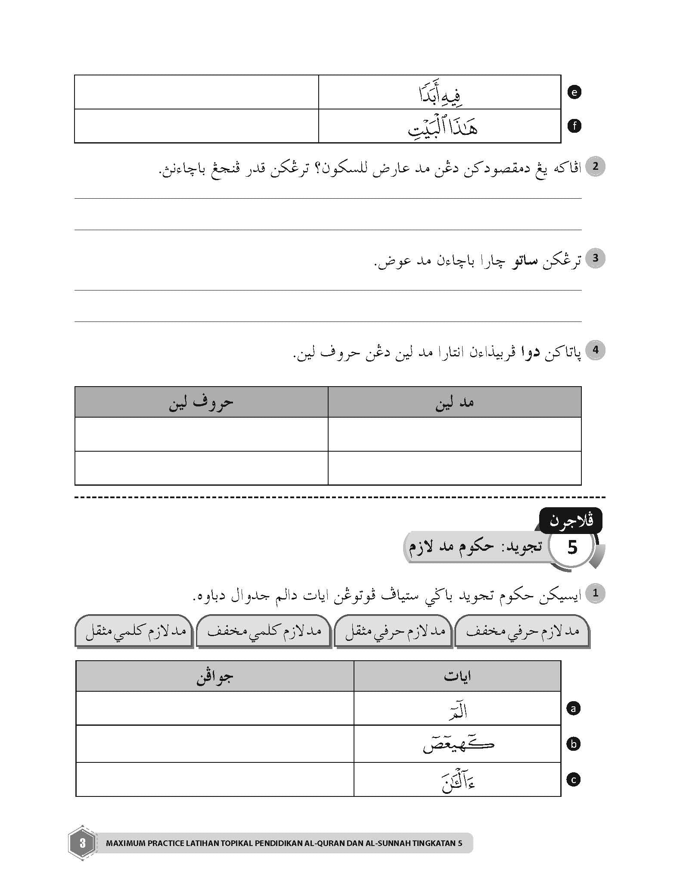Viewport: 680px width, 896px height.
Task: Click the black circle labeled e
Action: [x=574, y=92]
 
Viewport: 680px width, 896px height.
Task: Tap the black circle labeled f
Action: [x=574, y=126]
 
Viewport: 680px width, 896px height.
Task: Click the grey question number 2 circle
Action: [x=596, y=166]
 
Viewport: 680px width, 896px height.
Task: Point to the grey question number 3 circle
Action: [x=596, y=258]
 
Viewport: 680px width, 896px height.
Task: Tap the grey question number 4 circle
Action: [x=596, y=350]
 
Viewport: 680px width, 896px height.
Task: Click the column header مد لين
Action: [x=454, y=402]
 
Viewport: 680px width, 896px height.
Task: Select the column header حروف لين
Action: [x=201, y=402]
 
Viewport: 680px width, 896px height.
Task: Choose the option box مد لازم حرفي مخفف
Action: [x=522, y=631]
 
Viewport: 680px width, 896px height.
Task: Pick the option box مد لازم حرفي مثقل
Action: [x=393, y=631]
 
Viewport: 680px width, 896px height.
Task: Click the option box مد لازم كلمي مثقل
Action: [x=134, y=631]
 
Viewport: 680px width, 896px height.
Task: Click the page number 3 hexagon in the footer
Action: [x=82, y=842]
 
